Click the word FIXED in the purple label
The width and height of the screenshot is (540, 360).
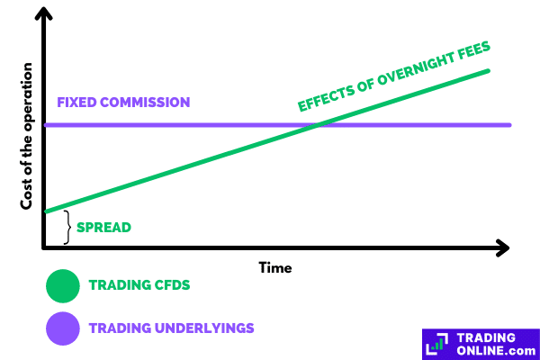(x=76, y=103)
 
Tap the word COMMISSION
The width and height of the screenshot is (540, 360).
(x=145, y=103)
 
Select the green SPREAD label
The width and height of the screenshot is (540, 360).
(x=103, y=228)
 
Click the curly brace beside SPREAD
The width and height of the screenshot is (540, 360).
(x=67, y=228)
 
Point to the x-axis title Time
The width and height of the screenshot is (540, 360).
(x=275, y=268)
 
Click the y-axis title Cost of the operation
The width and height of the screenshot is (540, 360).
(x=26, y=136)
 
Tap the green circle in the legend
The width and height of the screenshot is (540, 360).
(x=63, y=286)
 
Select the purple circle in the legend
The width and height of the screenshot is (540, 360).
(x=63, y=328)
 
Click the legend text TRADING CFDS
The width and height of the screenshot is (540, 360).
(x=139, y=285)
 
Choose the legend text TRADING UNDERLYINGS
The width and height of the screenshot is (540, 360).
(x=172, y=328)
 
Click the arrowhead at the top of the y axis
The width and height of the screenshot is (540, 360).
(x=44, y=13)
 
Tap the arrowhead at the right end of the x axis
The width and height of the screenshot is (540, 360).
(x=503, y=247)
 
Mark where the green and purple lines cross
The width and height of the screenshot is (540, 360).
(x=317, y=125)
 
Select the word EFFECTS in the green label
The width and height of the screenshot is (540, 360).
(x=326, y=97)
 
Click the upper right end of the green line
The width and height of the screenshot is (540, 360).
(x=488, y=71)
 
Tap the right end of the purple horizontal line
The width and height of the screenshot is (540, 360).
(x=509, y=125)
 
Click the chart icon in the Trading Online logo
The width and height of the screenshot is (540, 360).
(x=437, y=344)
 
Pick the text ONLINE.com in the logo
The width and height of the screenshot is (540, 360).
(x=496, y=351)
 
